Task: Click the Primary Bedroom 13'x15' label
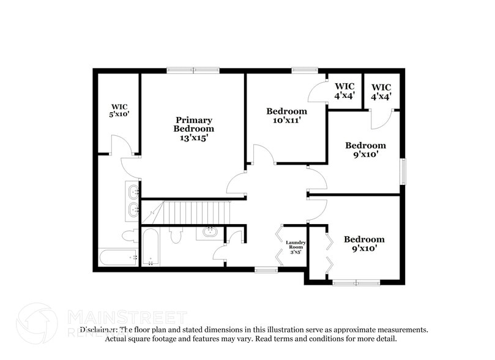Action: pyautogui.click(x=193, y=129)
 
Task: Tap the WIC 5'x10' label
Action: pyautogui.click(x=119, y=110)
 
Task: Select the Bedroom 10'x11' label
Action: pyautogui.click(x=286, y=116)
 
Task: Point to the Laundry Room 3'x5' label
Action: pyautogui.click(x=296, y=247)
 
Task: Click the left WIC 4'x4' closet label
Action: pyautogui.click(x=344, y=91)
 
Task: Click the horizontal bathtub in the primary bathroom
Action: pyautogui.click(x=118, y=258)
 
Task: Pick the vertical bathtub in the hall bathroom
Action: pyautogui.click(x=150, y=247)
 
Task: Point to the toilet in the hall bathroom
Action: pyautogui.click(x=176, y=234)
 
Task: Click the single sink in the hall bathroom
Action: pyautogui.click(x=209, y=232)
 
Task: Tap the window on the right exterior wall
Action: pyautogui.click(x=403, y=171)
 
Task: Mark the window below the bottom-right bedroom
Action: pyautogui.click(x=356, y=282)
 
